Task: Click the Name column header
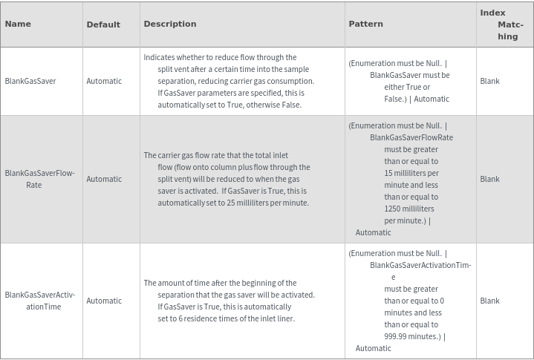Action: (18, 24)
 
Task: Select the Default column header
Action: (103, 24)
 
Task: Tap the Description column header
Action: (170, 24)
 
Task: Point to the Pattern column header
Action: (366, 24)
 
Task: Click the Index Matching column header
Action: (501, 24)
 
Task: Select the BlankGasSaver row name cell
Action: (30, 81)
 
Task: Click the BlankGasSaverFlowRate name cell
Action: (39, 179)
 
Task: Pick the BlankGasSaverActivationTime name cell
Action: (39, 301)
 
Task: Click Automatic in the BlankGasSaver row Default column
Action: (104, 81)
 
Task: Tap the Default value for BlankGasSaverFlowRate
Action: (104, 179)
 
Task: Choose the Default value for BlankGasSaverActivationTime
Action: (104, 301)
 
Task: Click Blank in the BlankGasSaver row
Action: (490, 81)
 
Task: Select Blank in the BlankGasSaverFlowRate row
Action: (490, 179)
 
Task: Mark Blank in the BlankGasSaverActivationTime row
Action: (490, 301)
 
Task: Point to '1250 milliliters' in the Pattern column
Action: (409, 209)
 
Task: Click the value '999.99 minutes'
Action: (412, 336)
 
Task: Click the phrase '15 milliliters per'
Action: (411, 173)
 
